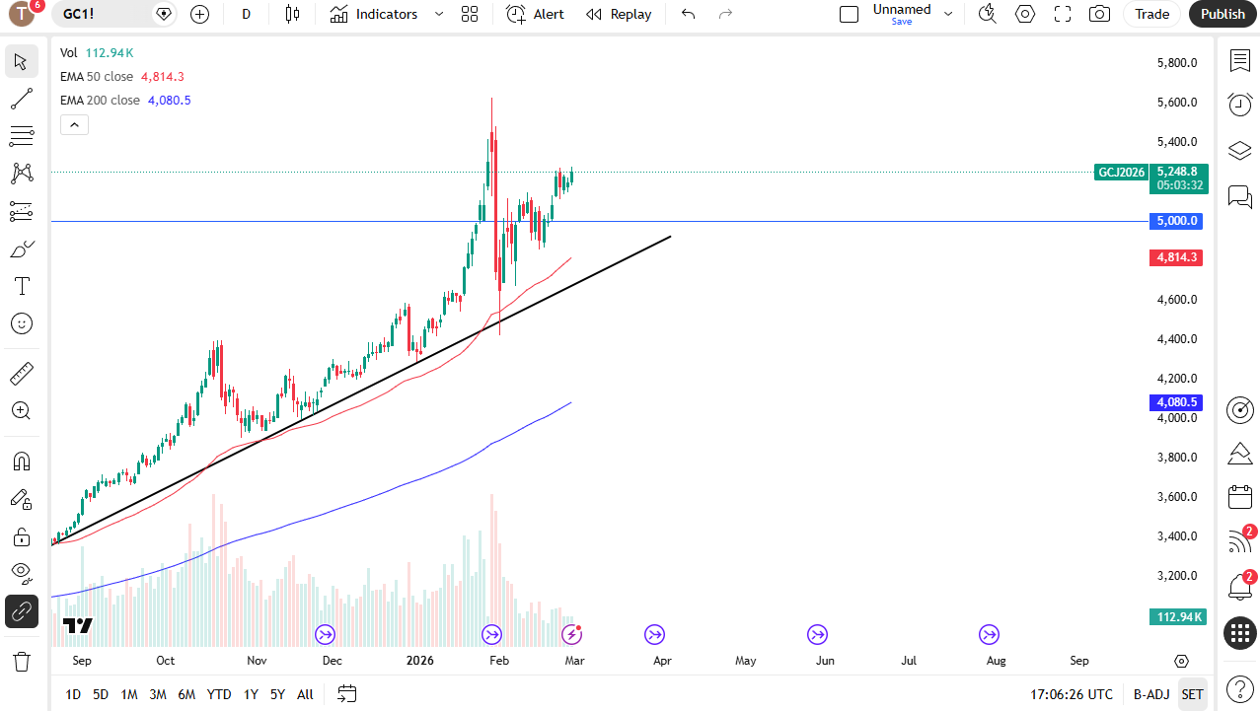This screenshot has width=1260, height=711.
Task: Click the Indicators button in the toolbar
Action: (375, 14)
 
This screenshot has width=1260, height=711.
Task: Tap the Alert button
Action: (536, 14)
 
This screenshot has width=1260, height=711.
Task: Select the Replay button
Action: (619, 14)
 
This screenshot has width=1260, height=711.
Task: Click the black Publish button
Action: (1223, 14)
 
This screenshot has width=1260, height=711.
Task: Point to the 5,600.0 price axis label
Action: (1177, 103)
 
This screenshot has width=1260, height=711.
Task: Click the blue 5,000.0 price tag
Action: (1177, 221)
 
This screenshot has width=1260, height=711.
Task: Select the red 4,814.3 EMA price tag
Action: (1177, 257)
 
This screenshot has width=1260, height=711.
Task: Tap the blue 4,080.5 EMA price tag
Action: (1177, 402)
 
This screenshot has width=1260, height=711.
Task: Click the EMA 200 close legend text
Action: (100, 101)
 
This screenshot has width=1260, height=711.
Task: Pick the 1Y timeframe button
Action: (251, 694)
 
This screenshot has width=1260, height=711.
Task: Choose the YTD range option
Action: (219, 694)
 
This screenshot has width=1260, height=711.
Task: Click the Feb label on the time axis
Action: (499, 661)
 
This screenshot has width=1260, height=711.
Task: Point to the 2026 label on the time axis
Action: (421, 661)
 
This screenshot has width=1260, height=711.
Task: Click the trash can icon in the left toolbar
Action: (22, 661)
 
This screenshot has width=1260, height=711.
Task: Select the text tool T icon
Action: (22, 287)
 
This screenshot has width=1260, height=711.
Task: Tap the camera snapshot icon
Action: (1098, 14)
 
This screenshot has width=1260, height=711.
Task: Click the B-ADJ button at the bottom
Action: (1151, 694)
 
